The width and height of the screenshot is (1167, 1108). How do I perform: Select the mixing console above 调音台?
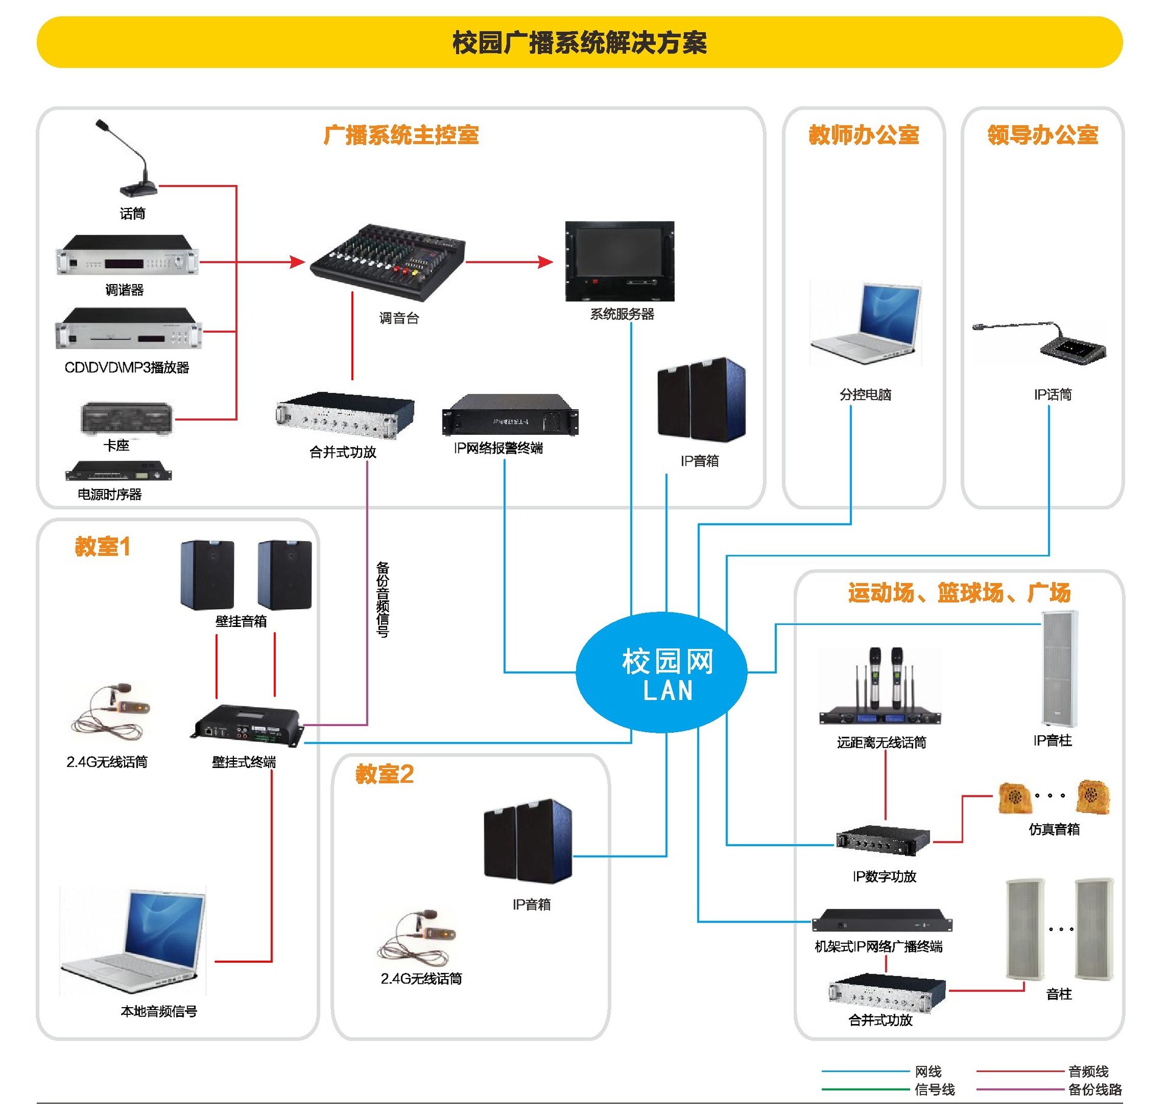pyautogui.click(x=388, y=261)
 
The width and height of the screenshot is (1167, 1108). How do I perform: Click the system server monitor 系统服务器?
pyautogui.click(x=619, y=261)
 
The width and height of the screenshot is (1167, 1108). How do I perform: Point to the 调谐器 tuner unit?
pyautogui.click(x=128, y=256)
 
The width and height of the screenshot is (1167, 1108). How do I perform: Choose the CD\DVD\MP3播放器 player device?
pyautogui.click(x=128, y=329)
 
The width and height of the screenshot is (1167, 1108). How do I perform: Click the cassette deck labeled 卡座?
pyautogui.click(x=126, y=418)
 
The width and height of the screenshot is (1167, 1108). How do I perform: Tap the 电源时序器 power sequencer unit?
pyautogui.click(x=119, y=471)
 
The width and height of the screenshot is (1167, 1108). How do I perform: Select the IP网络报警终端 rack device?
pyautogui.click(x=510, y=415)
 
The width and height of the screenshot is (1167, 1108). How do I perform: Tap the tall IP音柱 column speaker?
pyautogui.click(x=1059, y=669)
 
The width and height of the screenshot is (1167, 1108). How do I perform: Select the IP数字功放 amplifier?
pyautogui.click(x=883, y=840)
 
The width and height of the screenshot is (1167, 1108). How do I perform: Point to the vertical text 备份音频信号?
pyautogui.click(x=382, y=599)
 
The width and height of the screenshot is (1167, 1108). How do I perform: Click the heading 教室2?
pyautogui.click(x=384, y=774)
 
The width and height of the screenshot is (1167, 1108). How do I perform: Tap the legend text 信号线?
pyautogui.click(x=935, y=1089)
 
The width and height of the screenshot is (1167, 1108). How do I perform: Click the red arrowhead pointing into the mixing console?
pyautogui.click(x=297, y=262)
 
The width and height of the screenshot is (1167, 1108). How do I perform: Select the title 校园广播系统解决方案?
pyautogui.click(x=579, y=43)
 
